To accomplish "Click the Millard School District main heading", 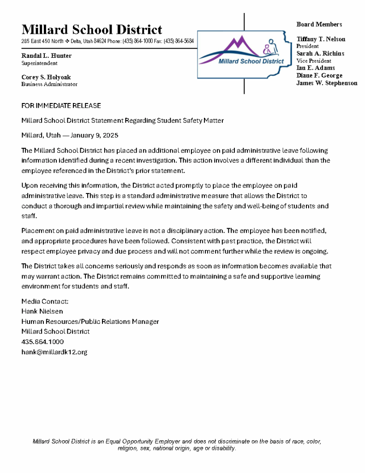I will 92,30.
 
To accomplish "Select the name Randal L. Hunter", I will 47,56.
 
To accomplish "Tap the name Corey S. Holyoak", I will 46,77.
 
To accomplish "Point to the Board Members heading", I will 319,24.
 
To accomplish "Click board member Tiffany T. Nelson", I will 321,39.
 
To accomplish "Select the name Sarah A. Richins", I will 320,54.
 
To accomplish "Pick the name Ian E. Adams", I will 316,68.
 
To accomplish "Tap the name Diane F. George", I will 319,75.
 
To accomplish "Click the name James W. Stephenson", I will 327,83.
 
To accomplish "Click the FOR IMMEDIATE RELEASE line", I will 61,106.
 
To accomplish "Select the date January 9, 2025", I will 96,135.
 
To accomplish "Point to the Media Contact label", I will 45,301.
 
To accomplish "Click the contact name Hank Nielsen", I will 42,311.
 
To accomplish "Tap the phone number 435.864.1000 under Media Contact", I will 42,342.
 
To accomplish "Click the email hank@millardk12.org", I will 54,352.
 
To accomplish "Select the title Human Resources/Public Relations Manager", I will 90,321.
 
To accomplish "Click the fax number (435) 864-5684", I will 179,42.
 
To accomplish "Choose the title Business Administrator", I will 49,85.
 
